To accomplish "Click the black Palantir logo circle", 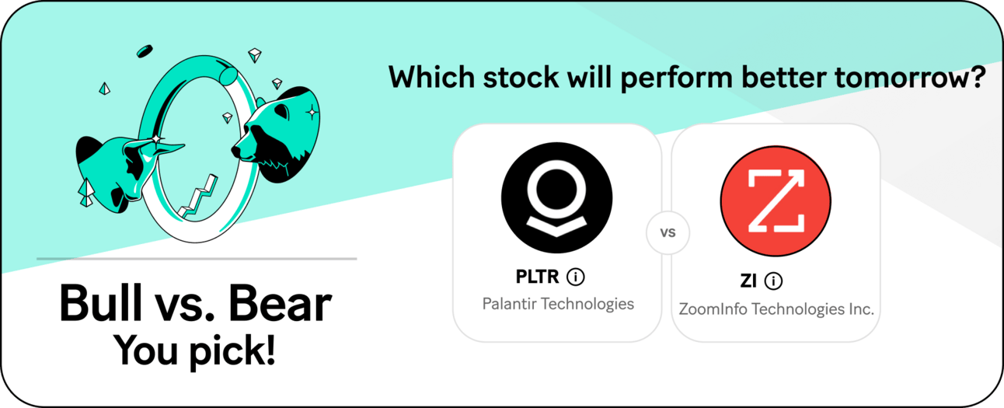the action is pyautogui.click(x=556, y=197).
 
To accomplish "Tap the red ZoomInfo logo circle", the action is pyautogui.click(x=776, y=201).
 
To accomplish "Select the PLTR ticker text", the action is pyautogui.click(x=537, y=277).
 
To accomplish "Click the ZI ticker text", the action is pyautogui.click(x=748, y=281).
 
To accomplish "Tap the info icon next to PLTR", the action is pyautogui.click(x=576, y=277).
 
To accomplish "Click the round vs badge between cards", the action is pyautogui.click(x=668, y=232).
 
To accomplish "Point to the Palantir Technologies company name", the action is pyautogui.click(x=558, y=304).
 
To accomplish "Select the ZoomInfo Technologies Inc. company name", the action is pyautogui.click(x=776, y=309).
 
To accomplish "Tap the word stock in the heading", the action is pyautogui.click(x=521, y=77).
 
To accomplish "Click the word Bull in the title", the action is pyautogui.click(x=101, y=303).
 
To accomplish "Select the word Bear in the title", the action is pyautogui.click(x=280, y=303).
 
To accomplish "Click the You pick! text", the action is pyautogui.click(x=194, y=351).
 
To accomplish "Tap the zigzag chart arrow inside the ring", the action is pyautogui.click(x=197, y=197).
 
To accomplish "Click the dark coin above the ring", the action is pyautogui.click(x=145, y=51).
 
